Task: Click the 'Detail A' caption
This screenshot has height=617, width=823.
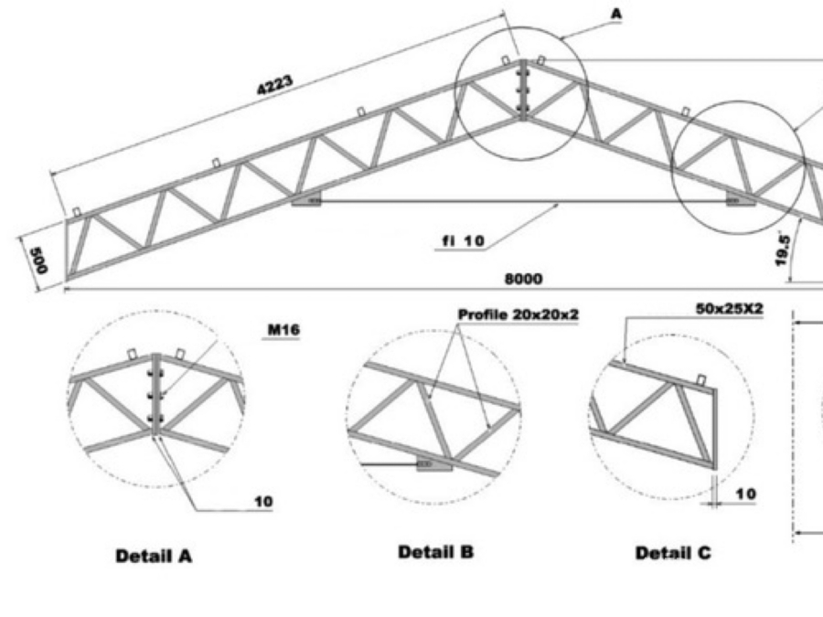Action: point(154,555)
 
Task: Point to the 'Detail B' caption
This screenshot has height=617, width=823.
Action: point(436,552)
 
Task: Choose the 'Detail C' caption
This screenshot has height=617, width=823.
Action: point(673,553)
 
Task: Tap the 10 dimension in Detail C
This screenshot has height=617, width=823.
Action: point(745,495)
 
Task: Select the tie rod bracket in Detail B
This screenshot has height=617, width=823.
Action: point(434,463)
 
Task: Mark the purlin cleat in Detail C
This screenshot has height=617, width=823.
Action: point(702,379)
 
